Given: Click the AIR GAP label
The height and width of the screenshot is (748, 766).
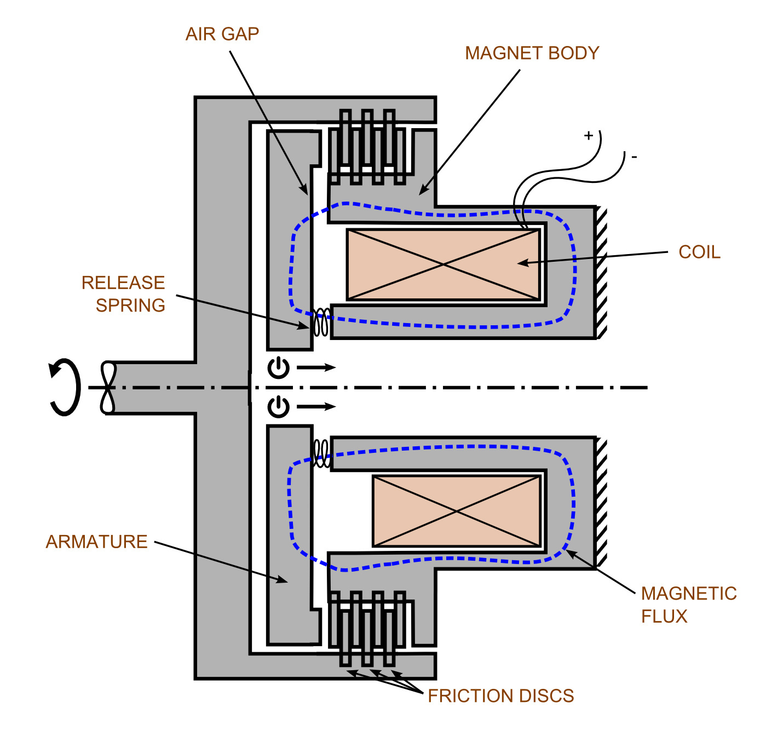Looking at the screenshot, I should (222, 34).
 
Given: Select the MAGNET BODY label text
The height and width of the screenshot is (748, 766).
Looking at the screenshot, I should (532, 54).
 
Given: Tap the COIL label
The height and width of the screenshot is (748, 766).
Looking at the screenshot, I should (699, 252).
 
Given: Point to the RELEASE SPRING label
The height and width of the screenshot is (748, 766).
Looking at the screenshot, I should (124, 294).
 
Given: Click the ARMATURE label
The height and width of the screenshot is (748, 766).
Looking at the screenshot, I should (96, 542).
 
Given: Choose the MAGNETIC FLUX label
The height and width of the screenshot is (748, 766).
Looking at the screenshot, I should (688, 605).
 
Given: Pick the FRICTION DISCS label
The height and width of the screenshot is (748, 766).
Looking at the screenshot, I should (500, 696).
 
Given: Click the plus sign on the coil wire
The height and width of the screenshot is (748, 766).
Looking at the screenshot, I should (589, 135).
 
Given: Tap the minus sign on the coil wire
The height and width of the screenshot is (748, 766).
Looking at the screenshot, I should (634, 158).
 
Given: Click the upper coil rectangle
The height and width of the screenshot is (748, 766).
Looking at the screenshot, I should (444, 265).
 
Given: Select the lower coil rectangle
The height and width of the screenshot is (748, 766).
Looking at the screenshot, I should (457, 511).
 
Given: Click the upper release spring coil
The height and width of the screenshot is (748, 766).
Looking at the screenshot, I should (321, 323).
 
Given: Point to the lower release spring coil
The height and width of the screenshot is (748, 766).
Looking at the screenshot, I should (321, 453).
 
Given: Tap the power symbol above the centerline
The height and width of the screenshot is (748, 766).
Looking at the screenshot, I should (278, 367).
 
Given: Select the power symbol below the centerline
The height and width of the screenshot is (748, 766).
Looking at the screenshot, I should (278, 407).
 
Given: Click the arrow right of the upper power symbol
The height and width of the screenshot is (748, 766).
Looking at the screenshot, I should (316, 367).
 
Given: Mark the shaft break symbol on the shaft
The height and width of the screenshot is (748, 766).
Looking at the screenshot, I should (108, 387).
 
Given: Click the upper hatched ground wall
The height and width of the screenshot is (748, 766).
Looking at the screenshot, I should (602, 273).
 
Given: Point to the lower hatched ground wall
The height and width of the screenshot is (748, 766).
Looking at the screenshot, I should (602, 503).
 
